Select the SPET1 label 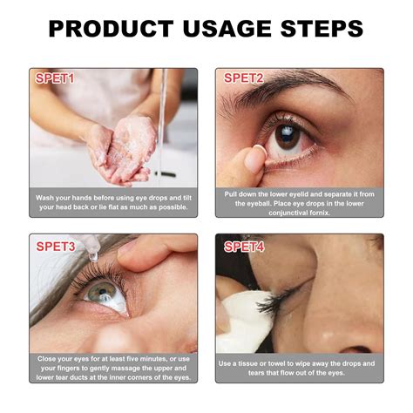(56, 79)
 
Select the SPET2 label (243, 79)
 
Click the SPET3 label (56, 247)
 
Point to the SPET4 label (243, 247)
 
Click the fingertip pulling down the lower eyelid (254, 159)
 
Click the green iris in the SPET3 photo (98, 293)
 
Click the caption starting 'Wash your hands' (113, 203)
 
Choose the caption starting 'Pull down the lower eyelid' (300, 203)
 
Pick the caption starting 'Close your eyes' (113, 369)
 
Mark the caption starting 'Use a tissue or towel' (300, 368)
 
